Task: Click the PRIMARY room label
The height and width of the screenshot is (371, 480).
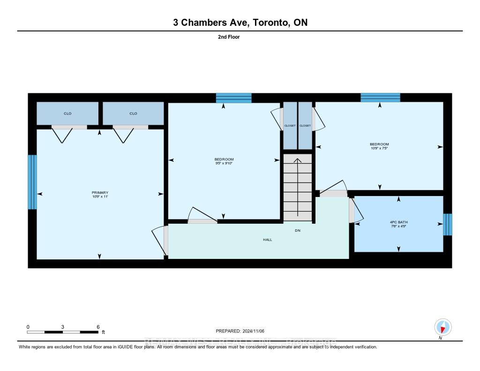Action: pos(100,192)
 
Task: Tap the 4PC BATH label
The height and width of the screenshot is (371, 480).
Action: pos(398,222)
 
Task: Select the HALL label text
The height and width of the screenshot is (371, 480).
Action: pos(267,240)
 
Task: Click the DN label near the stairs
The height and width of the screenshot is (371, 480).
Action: pos(298,231)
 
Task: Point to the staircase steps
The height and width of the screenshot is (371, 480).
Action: pos(297,188)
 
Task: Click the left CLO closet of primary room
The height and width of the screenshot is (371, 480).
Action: pos(67,113)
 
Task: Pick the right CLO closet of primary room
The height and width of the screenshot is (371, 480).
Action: pos(133,113)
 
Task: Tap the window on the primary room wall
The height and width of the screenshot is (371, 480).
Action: pos(32,182)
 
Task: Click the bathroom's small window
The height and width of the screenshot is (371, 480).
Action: pos(448,225)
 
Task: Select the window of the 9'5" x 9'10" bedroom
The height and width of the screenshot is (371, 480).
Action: pos(233,98)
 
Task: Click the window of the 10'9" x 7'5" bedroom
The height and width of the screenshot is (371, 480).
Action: pos(380,97)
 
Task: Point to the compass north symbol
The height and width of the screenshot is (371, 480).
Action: pos(442,327)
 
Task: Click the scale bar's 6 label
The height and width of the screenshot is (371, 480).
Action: pos(98,327)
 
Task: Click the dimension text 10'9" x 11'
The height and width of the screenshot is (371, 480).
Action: pos(100,197)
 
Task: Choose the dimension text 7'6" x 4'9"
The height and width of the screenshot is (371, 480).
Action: pos(398,226)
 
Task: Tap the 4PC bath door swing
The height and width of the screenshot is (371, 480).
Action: pos(357,211)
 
